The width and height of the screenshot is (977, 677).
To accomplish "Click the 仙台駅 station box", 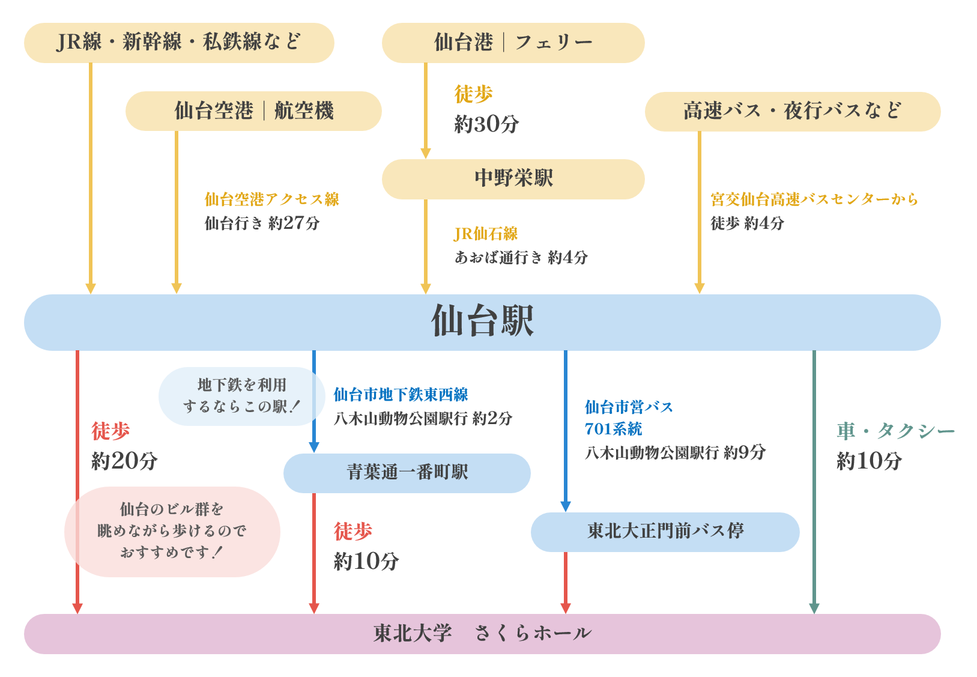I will click(482, 322).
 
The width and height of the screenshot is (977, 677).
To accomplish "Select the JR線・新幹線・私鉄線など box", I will click(179, 43).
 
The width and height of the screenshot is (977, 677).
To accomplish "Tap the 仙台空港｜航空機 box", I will click(253, 111).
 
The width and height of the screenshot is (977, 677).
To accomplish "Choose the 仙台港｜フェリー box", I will click(513, 43).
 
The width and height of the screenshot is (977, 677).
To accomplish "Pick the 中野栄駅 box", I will click(513, 178).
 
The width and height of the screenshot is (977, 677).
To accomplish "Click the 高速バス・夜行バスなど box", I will click(792, 111).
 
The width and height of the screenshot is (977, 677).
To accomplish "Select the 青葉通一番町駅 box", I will click(407, 473).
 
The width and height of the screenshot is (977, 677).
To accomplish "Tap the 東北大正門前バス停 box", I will click(665, 532).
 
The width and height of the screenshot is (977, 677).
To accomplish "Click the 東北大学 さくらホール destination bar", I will click(482, 633).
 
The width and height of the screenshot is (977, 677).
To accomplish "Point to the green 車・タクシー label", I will click(895, 431).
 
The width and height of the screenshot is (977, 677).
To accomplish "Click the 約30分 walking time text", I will click(486, 124).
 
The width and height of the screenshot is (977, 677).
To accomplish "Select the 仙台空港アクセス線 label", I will click(271, 199).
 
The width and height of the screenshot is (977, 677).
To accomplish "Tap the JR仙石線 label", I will click(485, 234).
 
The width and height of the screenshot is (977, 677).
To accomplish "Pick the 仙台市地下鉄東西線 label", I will click(401, 395).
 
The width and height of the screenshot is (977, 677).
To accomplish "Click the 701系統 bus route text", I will click(613, 429).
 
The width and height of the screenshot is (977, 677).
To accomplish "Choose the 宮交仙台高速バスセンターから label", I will click(814, 199).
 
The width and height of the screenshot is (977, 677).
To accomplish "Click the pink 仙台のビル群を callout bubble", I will click(172, 532).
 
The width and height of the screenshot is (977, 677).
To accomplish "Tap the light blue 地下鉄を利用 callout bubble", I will click(241, 396).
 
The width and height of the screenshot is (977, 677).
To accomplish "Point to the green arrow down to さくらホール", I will click(814, 481).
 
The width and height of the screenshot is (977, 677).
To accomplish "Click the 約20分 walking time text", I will click(124, 461).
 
